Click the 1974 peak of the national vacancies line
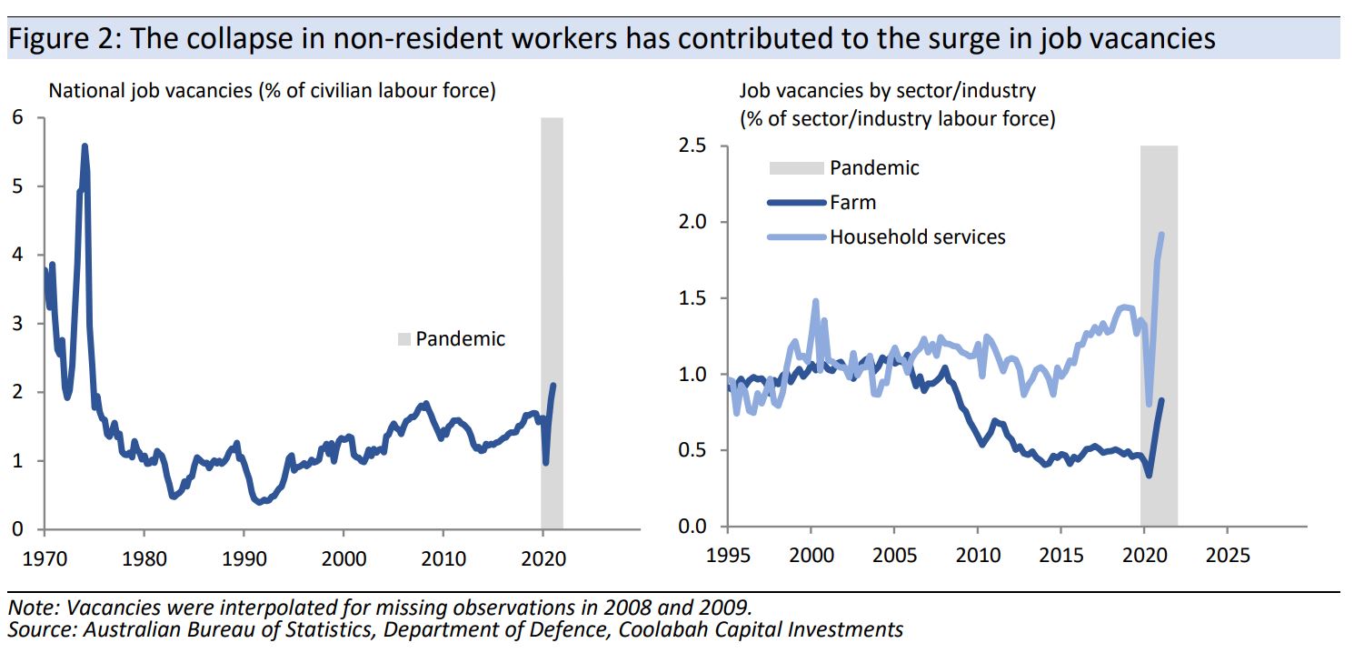point(85,146)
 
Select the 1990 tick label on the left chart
point(243,556)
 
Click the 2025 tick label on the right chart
point(1228,553)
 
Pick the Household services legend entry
point(917,236)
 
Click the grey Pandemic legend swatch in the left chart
point(404,339)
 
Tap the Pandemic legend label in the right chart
point(874,168)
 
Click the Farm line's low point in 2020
point(1150,475)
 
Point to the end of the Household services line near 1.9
point(1161,235)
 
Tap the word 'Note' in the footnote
point(27,607)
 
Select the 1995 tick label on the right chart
point(728,553)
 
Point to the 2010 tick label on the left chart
point(443,556)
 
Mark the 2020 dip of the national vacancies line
point(545,463)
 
